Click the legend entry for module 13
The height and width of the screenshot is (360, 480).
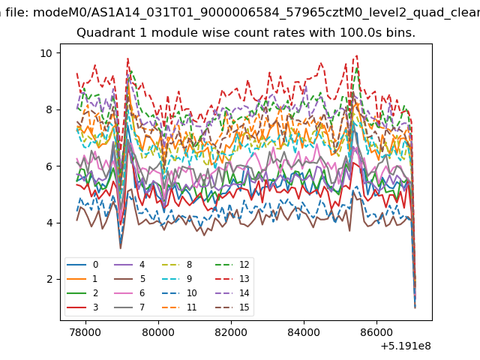232,279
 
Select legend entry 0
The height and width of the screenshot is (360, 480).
82,265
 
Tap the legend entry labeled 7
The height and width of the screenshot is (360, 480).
129,307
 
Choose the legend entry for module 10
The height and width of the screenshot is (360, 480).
179,293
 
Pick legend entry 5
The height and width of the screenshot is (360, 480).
129,279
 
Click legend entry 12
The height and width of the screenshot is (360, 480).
232,265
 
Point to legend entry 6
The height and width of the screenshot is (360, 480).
129,293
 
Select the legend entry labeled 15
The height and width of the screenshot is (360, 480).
232,307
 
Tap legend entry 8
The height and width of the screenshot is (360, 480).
177,265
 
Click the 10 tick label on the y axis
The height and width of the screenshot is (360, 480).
46,53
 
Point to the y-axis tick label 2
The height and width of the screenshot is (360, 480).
49,280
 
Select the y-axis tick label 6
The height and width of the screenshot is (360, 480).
49,166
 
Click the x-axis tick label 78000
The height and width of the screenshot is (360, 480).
85,332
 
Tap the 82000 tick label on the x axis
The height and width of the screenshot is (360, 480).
231,332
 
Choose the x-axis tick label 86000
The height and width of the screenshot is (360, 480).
376,332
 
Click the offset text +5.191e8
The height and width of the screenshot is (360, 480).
406,346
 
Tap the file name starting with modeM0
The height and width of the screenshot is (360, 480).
256,13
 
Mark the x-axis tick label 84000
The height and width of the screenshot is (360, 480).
304,332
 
